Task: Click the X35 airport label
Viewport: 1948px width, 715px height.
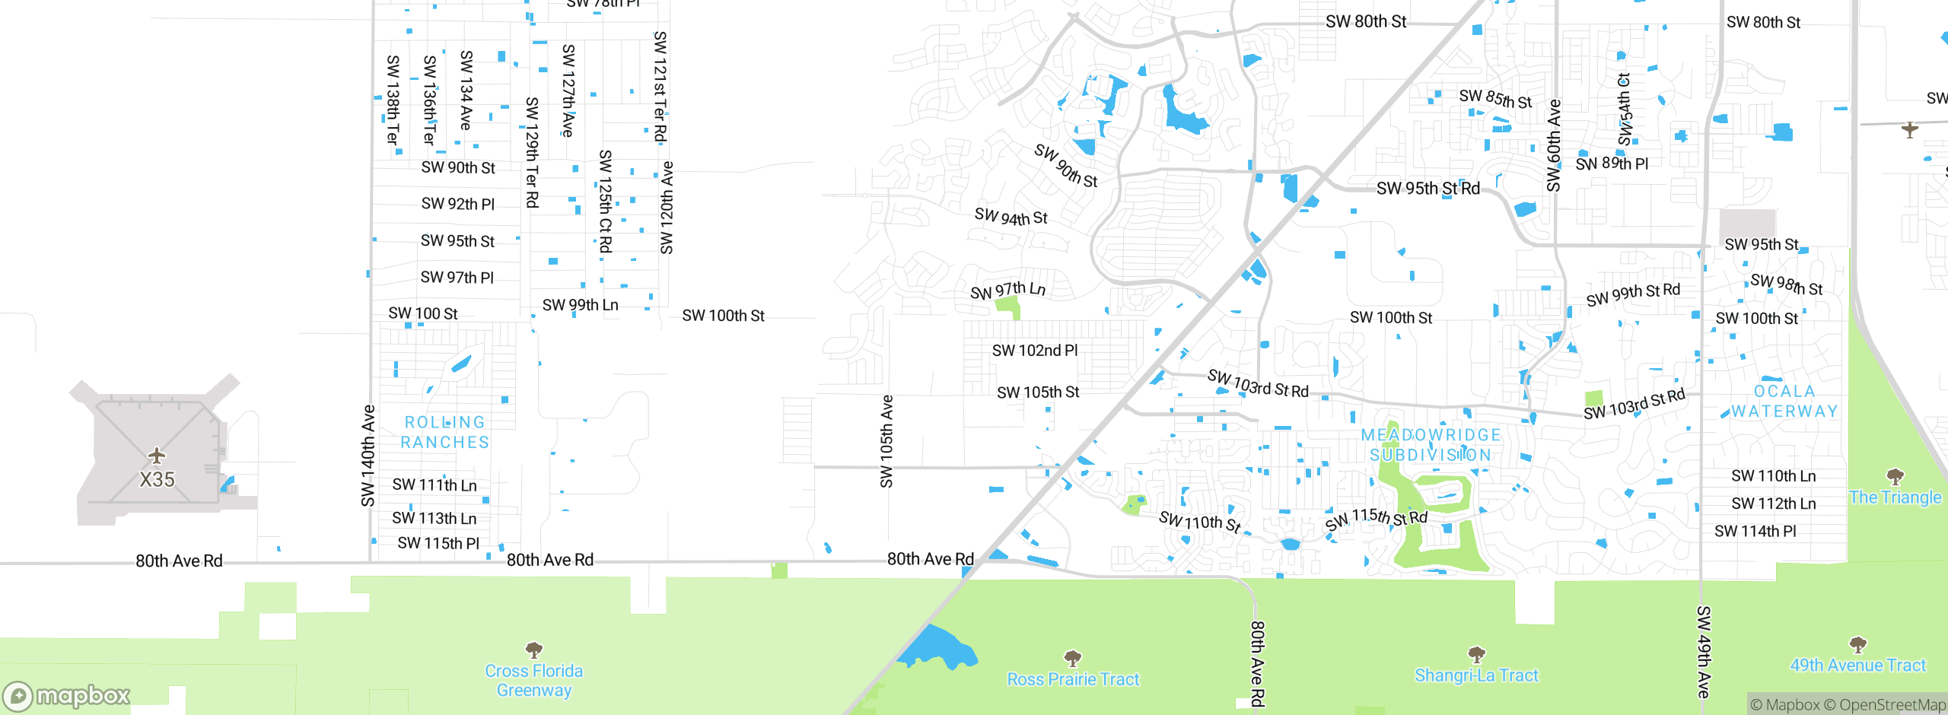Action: tap(157, 480)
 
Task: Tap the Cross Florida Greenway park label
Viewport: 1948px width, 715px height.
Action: tap(534, 681)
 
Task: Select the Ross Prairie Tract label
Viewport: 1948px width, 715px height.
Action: tap(1073, 679)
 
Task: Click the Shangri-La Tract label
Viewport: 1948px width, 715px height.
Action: tap(1476, 675)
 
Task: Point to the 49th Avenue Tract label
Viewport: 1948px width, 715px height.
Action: tap(1857, 666)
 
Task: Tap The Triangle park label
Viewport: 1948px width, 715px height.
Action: tap(1895, 497)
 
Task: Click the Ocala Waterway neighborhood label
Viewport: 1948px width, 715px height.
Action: tap(1784, 402)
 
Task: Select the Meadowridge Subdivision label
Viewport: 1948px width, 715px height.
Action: tap(1431, 445)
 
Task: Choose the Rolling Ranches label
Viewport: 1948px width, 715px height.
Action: tap(445, 432)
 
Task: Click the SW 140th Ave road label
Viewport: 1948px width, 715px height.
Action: tap(368, 456)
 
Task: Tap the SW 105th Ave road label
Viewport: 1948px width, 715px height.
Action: tap(886, 441)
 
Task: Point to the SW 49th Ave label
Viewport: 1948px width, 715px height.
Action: tap(1704, 652)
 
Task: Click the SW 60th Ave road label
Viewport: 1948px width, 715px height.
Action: tap(1554, 145)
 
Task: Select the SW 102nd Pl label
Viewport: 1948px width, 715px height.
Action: tap(1035, 351)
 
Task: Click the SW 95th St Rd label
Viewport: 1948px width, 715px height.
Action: tap(1428, 189)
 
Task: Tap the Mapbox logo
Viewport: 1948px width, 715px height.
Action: tap(67, 696)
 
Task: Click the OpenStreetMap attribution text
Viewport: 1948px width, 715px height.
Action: tap(1892, 705)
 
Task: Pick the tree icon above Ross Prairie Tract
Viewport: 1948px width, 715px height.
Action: tap(1073, 657)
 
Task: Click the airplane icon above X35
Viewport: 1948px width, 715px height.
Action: tap(157, 456)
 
